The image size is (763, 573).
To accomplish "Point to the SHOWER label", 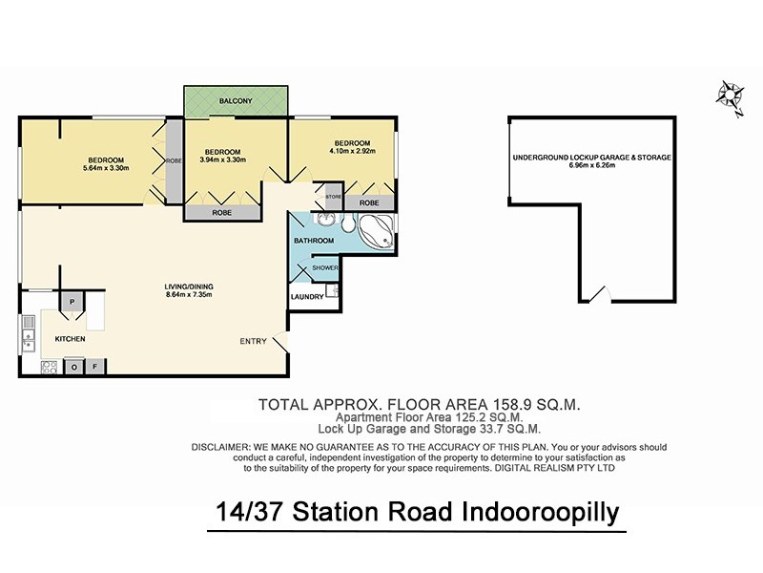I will point(325,268).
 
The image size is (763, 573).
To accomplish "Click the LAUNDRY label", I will point(307,297).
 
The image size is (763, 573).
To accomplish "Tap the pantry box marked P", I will point(72,302).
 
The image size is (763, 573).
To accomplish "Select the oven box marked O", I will point(74,366).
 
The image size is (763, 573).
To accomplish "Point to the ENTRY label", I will point(254,341).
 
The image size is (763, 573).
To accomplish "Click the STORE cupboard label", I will point(333,198).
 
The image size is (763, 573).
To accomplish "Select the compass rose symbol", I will point(730,95).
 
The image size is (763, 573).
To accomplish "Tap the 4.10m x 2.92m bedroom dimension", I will point(353,151).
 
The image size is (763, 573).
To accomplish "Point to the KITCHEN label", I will point(71,339).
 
